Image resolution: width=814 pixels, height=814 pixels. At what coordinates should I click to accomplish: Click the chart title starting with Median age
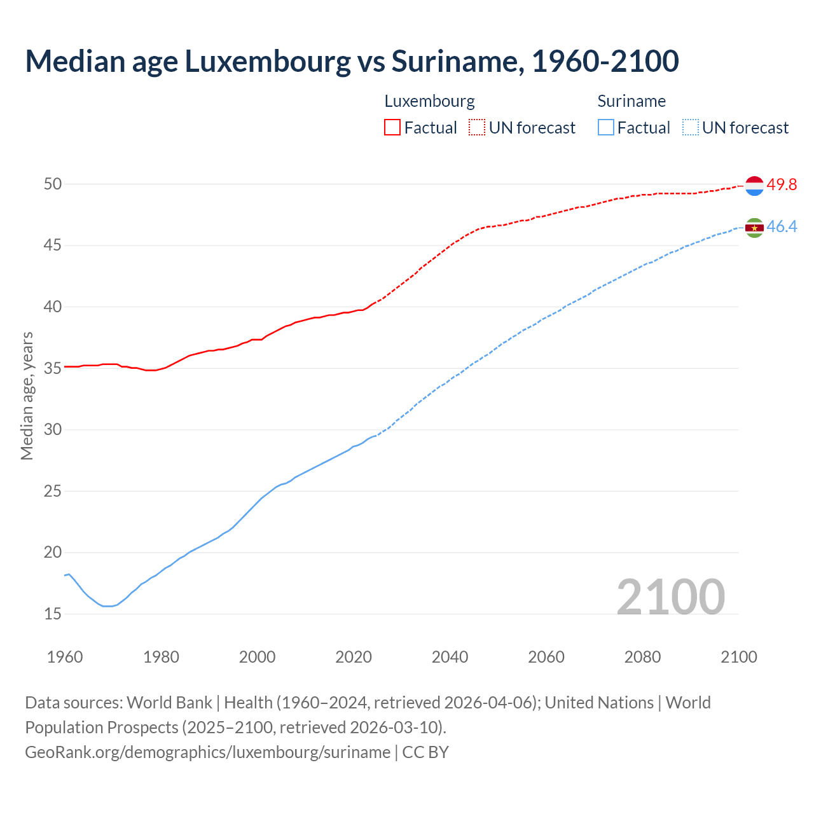[x=352, y=61]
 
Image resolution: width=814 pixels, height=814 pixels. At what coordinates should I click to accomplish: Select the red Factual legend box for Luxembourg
[x=392, y=127]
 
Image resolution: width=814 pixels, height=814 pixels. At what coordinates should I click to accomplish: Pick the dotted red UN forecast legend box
[x=477, y=127]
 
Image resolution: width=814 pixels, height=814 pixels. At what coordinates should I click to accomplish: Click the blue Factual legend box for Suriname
[x=606, y=127]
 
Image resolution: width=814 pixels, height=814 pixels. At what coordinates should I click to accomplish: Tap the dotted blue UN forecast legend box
[x=691, y=127]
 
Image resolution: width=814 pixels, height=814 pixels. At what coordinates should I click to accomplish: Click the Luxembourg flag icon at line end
[x=754, y=186]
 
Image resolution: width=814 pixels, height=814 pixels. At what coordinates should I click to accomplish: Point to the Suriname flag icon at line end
[x=754, y=228]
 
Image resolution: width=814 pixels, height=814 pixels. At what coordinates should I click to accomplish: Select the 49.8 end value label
[x=782, y=185]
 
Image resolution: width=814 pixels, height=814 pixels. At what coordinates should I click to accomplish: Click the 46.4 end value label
[x=782, y=227]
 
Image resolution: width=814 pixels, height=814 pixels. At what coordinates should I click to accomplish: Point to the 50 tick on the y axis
[x=53, y=184]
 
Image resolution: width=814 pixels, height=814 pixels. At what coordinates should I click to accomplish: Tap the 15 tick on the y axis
[x=53, y=614]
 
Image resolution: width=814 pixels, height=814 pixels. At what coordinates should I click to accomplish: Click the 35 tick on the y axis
[x=53, y=368]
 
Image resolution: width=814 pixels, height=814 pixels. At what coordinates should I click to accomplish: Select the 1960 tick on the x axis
[x=65, y=657]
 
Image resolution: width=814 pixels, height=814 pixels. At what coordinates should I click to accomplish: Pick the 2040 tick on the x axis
[x=450, y=657]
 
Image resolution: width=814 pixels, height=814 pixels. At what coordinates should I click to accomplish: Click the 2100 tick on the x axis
[x=739, y=657]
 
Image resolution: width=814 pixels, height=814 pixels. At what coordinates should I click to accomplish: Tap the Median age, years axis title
[x=27, y=396]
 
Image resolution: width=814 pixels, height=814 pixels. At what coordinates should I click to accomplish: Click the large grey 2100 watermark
[x=671, y=597]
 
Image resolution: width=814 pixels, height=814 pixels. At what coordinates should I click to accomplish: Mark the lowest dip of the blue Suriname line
[x=107, y=606]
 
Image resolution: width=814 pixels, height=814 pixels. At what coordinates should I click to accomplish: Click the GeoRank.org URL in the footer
[x=207, y=752]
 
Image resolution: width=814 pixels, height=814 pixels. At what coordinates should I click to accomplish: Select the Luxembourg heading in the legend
[x=429, y=101]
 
